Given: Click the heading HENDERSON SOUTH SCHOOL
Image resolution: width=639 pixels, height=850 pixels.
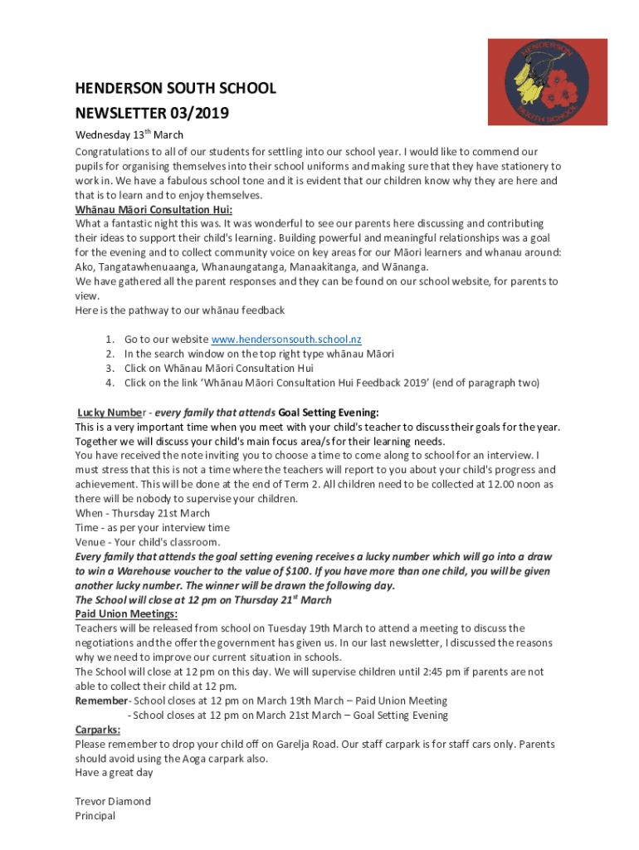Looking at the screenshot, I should tap(175, 89).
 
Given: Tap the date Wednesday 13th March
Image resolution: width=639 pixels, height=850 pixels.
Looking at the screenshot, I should tap(129, 134).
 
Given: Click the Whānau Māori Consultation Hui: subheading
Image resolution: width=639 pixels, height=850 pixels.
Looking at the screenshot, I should tap(154, 209).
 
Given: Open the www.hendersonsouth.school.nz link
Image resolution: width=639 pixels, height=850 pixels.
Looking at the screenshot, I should tap(286, 340).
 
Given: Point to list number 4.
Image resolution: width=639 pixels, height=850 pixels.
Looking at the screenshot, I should tap(110, 383).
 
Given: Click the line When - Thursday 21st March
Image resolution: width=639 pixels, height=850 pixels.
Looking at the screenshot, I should tap(143, 513).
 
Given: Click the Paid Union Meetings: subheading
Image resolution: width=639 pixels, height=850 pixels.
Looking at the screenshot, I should tap(126, 614).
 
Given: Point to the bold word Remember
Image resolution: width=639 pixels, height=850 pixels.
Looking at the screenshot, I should tap(100, 701).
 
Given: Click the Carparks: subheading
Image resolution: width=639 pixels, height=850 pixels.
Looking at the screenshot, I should tap(97, 730).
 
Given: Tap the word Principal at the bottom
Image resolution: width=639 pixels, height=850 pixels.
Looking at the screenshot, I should tap(95, 816).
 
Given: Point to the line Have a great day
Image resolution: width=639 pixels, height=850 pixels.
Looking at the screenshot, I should tap(114, 773).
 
